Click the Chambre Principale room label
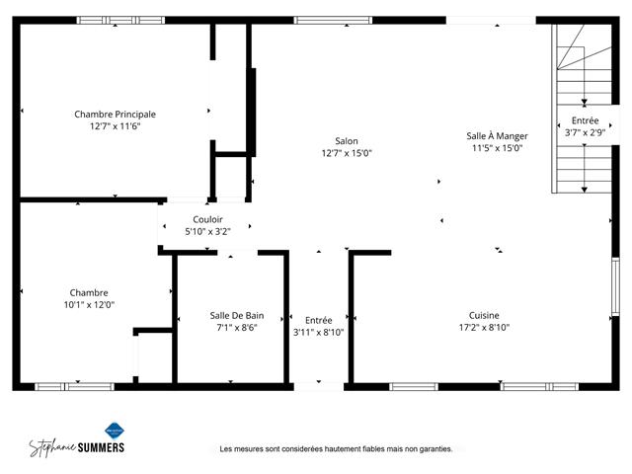click(115, 115)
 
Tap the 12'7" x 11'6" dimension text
click(115, 126)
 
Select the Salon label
click(347, 141)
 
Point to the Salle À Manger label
click(497, 136)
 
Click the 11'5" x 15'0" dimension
click(497, 148)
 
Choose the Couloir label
click(207, 219)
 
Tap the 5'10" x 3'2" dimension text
click(207, 232)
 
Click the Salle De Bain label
click(237, 316)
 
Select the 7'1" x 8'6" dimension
click(237, 328)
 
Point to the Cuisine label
click(484, 315)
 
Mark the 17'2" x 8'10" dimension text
click(484, 327)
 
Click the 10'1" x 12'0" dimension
click(89, 305)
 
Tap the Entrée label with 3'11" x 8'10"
click(318, 320)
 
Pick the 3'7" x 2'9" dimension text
click(585, 132)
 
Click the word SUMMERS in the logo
click(101, 447)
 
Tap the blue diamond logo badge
click(115, 431)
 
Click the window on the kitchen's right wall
click(615, 286)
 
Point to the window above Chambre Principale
click(120, 20)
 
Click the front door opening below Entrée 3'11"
click(319, 386)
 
